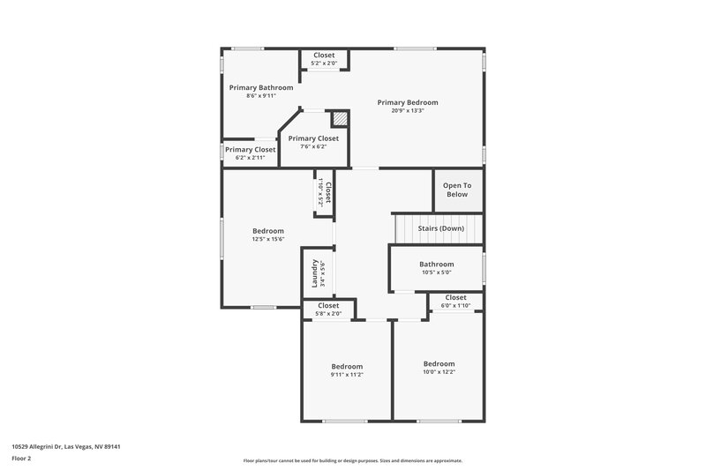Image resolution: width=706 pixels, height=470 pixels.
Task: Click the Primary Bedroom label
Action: point(408,102)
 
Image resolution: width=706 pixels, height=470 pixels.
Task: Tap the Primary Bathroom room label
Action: point(261,87)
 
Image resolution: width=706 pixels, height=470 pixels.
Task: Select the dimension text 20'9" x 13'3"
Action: point(408,111)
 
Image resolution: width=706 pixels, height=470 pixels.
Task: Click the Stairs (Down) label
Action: point(440,228)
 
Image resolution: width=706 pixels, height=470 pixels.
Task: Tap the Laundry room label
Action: point(314,272)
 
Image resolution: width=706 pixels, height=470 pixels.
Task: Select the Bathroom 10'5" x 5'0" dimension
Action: point(436,272)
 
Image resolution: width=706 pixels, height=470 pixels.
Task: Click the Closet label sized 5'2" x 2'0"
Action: point(324,55)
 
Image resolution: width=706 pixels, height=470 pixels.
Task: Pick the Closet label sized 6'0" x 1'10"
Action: point(455,297)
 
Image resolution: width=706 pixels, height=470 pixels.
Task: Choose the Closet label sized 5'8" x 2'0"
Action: point(328,305)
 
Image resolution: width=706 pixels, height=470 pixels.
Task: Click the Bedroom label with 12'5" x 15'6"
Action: point(268,231)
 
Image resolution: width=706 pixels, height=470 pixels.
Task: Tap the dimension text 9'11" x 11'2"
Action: point(347,375)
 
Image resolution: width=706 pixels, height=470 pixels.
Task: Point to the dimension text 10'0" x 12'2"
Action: point(439,372)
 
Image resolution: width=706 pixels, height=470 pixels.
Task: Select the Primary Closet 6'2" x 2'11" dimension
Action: point(250,158)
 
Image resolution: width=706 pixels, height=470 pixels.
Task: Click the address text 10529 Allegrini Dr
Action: point(66,446)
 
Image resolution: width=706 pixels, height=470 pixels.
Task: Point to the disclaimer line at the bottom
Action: point(353,460)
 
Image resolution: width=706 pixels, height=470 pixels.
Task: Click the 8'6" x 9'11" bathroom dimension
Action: point(261,96)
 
